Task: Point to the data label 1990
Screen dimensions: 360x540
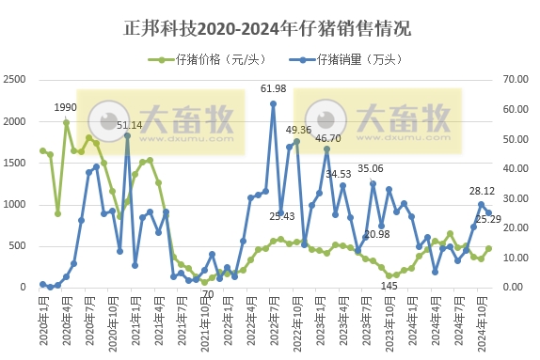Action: tap(65, 107)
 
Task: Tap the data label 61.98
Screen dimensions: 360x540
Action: tap(274, 88)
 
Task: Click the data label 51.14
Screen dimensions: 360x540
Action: tap(130, 124)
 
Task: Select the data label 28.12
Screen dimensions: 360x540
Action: tap(483, 191)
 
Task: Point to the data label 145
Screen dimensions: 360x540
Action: tap(389, 286)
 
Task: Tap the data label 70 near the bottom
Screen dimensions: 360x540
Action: tap(208, 294)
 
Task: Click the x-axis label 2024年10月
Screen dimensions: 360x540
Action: tap(483, 324)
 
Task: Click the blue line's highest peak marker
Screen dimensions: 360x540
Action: tap(273, 103)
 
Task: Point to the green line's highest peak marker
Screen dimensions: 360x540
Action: tap(66, 122)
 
